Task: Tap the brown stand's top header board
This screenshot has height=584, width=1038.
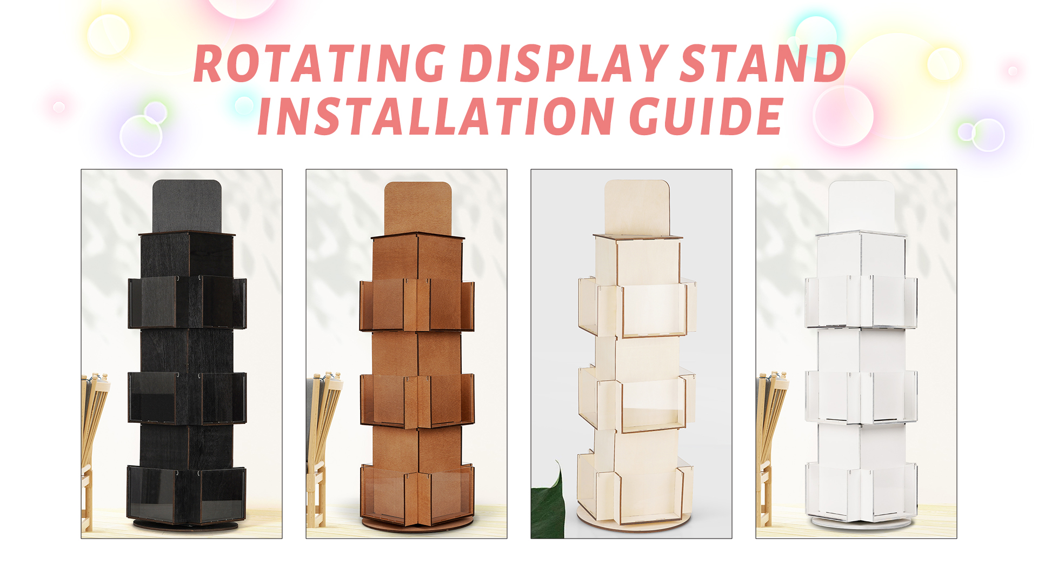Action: (418, 207)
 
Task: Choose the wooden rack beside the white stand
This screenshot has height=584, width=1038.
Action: (769, 433)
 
